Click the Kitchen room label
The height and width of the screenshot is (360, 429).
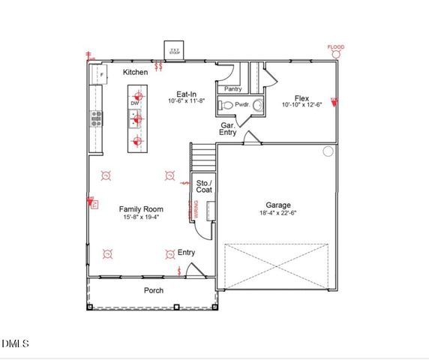[136, 72]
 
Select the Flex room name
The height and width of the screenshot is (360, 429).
[301, 98]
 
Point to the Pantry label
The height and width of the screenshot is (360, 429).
[224, 88]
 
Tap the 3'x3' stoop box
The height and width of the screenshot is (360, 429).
[175, 51]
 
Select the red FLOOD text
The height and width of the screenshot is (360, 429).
[336, 48]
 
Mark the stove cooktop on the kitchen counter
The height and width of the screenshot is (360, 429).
[96, 118]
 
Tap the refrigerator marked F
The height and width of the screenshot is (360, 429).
[100, 75]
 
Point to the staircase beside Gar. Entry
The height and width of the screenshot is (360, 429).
[202, 157]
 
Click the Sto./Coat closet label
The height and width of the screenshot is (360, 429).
[204, 186]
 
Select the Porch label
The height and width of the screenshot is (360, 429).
[153, 290]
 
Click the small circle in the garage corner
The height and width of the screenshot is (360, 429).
[328, 151]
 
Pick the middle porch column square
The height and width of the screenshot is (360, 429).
[175, 306]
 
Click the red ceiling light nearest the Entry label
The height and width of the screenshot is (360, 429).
[169, 253]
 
